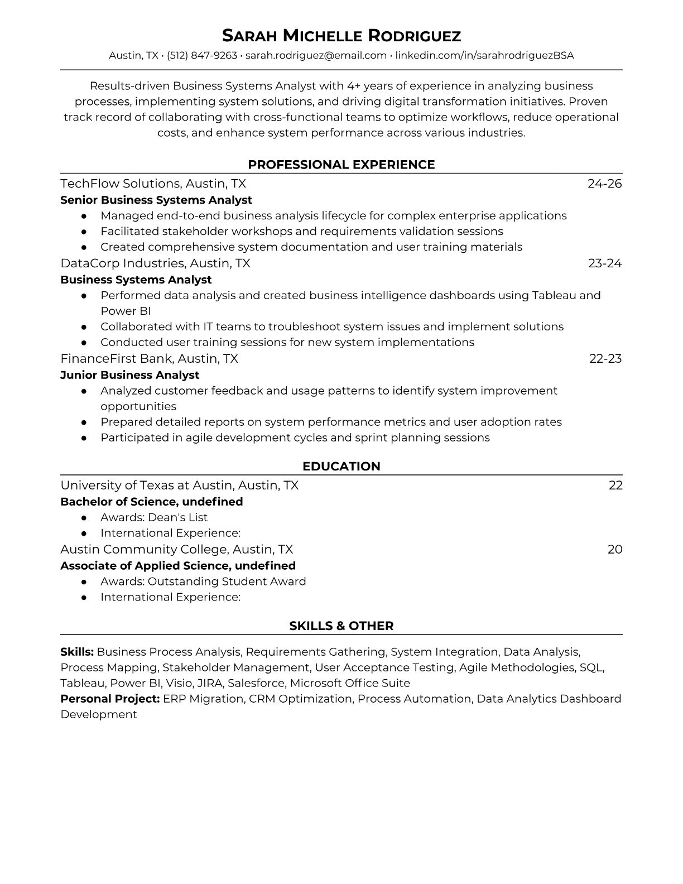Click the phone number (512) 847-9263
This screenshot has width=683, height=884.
point(202,55)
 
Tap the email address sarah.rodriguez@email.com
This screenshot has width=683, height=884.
point(316,55)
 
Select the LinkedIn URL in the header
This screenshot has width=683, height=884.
point(484,55)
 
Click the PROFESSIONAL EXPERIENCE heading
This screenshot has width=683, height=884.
point(341,165)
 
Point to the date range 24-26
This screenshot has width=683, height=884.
point(604,184)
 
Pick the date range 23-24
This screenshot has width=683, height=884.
point(604,263)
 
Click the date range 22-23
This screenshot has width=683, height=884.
point(605,359)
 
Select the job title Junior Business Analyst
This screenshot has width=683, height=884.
point(129,375)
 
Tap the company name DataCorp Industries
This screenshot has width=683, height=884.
point(123,263)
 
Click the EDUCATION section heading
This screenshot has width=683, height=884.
point(341,467)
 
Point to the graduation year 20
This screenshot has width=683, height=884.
point(614,550)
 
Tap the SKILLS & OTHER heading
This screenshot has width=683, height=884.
point(341,626)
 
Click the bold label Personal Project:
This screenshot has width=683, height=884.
point(110,699)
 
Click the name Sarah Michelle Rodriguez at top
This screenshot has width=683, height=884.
point(341,36)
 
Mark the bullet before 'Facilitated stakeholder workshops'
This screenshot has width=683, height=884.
point(84,232)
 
